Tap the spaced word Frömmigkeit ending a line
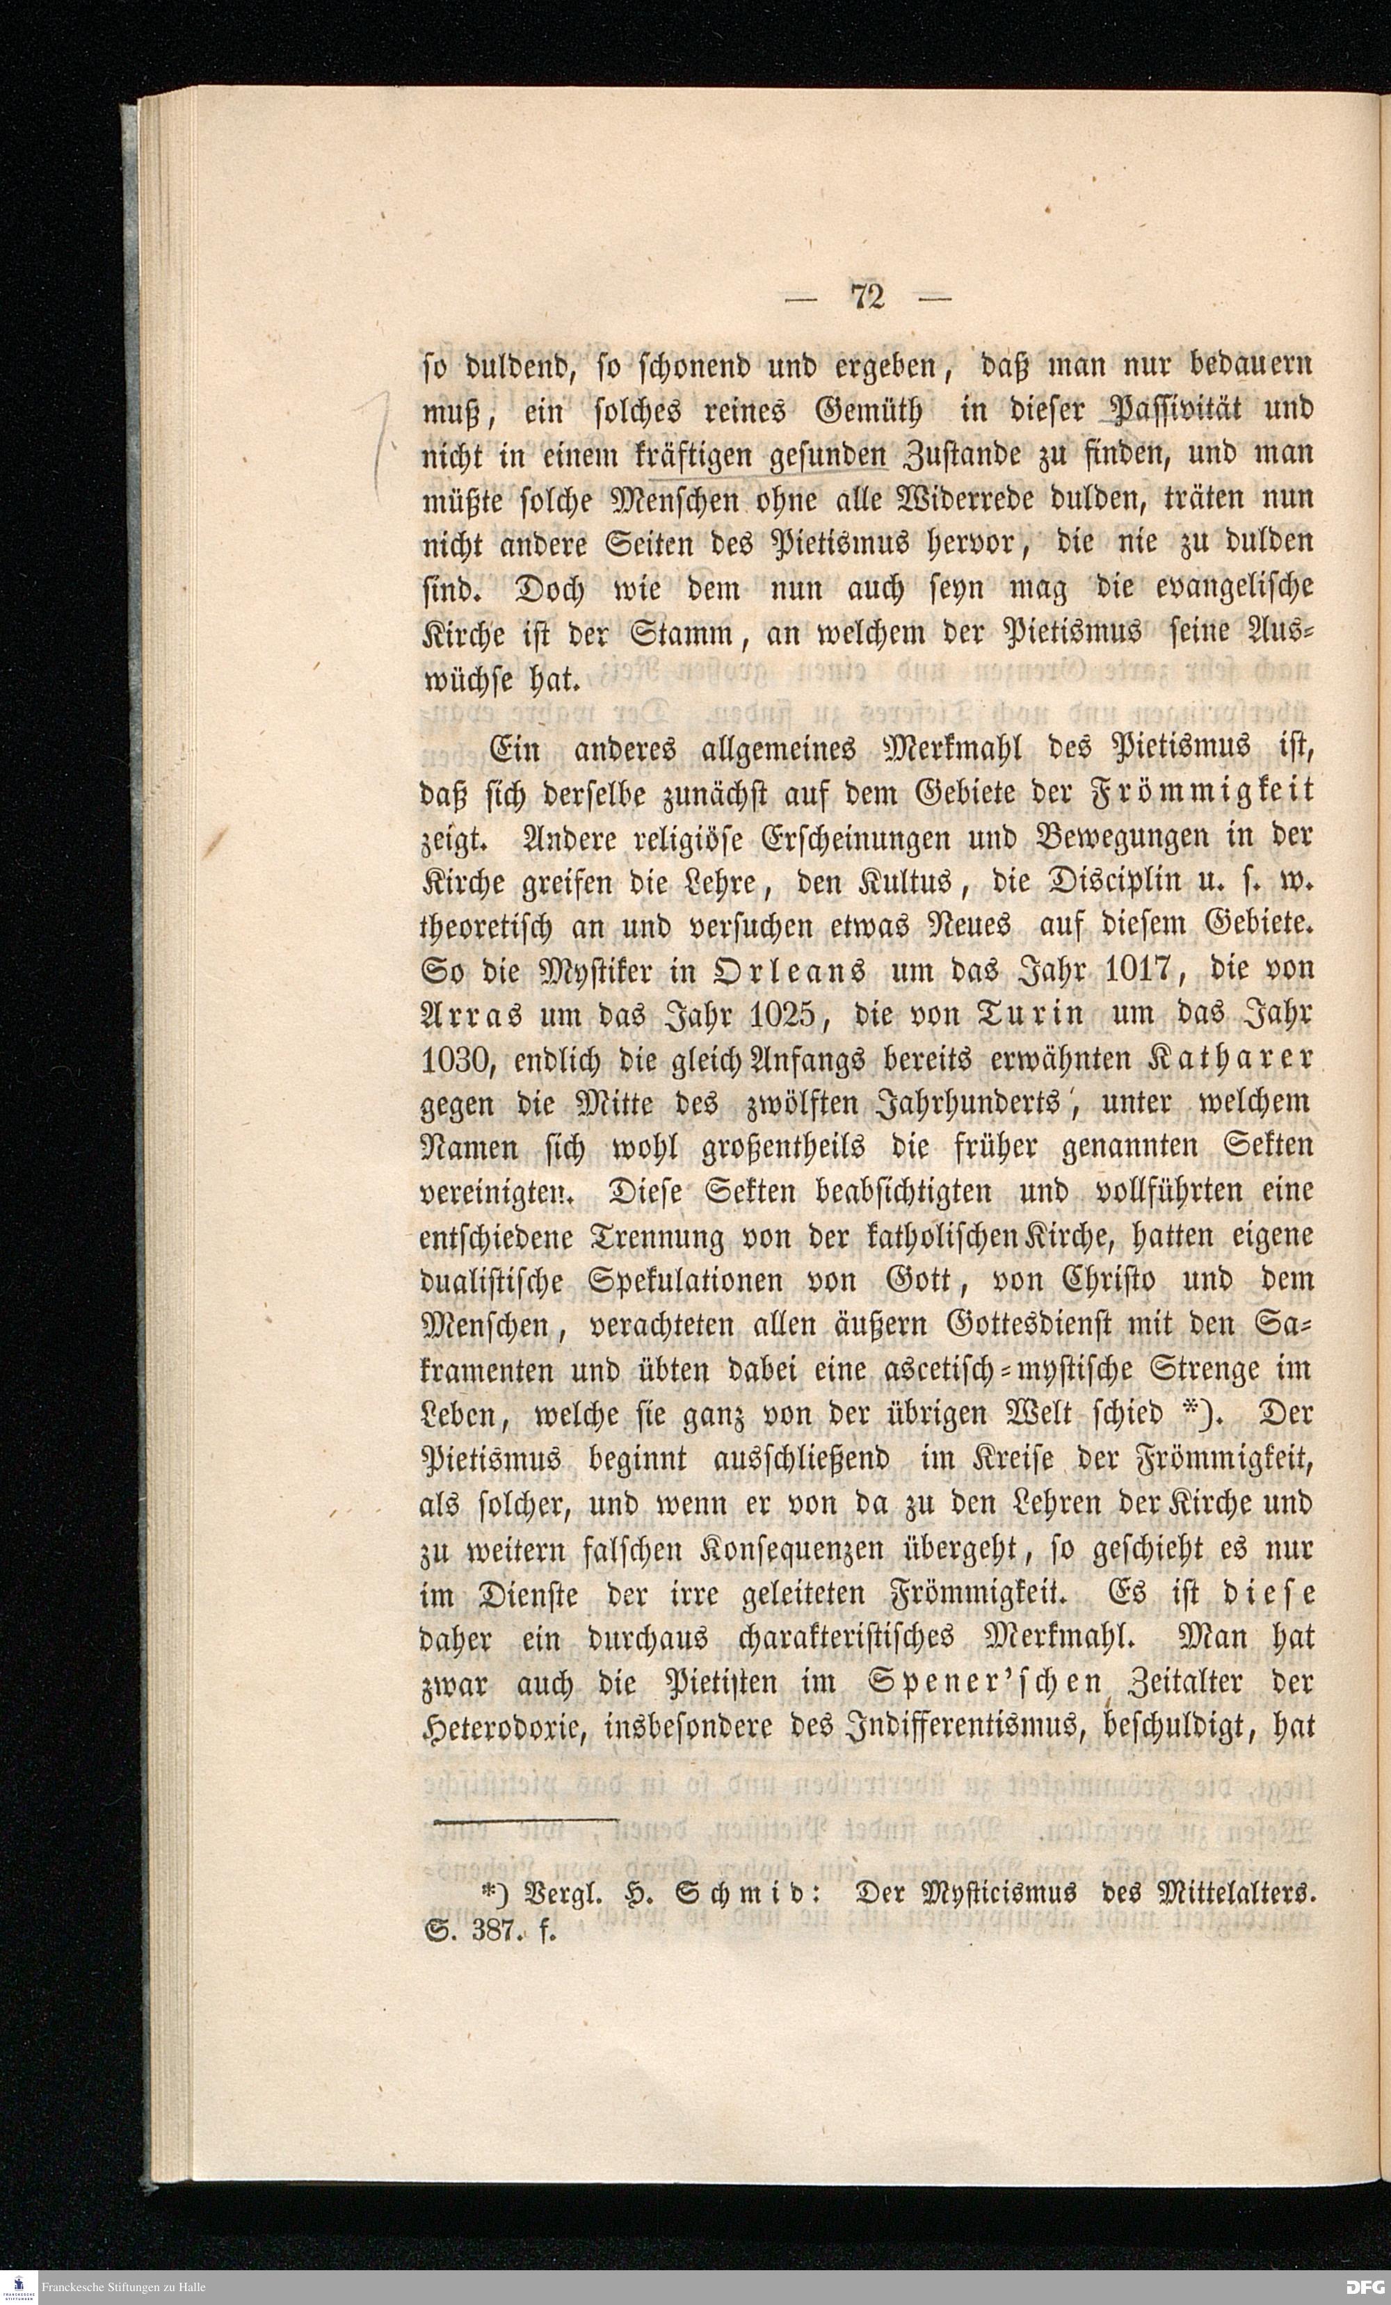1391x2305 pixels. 1207,791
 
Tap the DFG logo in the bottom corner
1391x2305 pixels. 1363,2288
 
